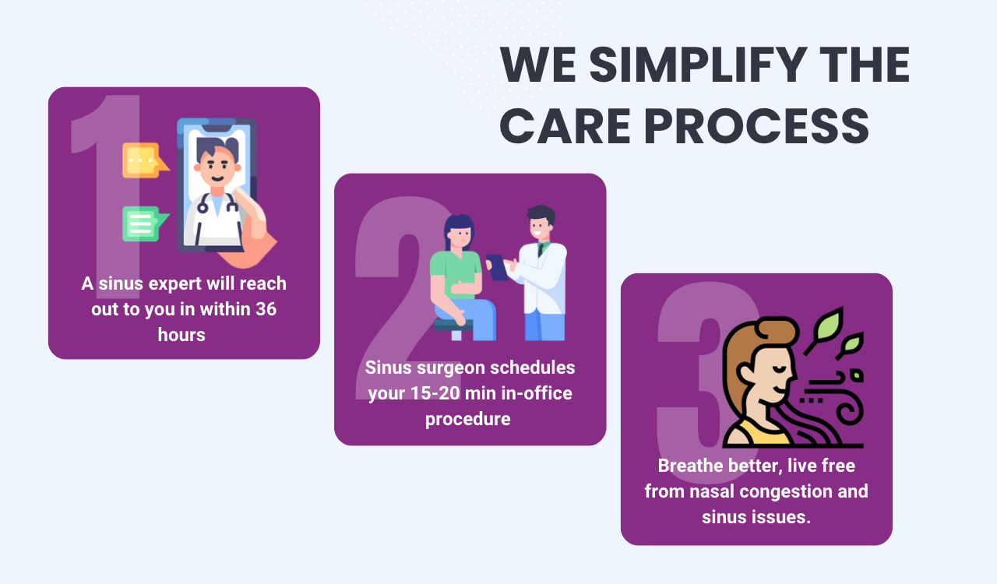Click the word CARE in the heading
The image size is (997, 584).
[565, 126]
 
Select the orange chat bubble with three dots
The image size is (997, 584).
[145, 160]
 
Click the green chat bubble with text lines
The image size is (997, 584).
[145, 223]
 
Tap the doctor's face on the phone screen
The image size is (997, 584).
[217, 166]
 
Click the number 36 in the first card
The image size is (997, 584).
[266, 309]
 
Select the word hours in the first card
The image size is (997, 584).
[181, 335]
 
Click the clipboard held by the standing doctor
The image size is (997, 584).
[497, 267]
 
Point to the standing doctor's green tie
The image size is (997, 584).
[541, 249]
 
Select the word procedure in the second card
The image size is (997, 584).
[468, 419]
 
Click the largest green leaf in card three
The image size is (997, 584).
[828, 324]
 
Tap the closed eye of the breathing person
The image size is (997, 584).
[779, 369]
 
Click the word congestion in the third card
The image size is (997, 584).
[781, 492]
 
